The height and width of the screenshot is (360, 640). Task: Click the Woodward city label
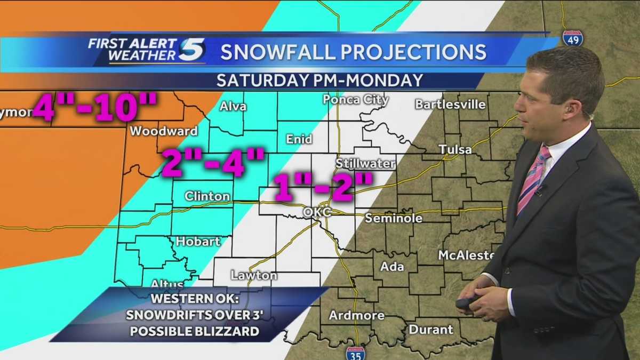pos(164,131)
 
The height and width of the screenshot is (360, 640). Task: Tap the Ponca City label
pos(356,100)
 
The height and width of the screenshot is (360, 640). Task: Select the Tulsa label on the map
pos(455,149)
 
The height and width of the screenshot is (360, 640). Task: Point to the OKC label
pos(317,212)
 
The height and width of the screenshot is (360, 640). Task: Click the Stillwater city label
pos(365,163)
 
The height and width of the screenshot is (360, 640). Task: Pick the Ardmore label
pos(356,315)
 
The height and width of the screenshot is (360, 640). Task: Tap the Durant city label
pos(431,329)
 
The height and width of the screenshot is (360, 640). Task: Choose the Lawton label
pos(254,276)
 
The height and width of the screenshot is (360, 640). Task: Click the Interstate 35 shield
pos(355,353)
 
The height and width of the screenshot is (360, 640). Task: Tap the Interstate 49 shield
pos(572,38)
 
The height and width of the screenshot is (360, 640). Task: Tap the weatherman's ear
pos(572,109)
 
